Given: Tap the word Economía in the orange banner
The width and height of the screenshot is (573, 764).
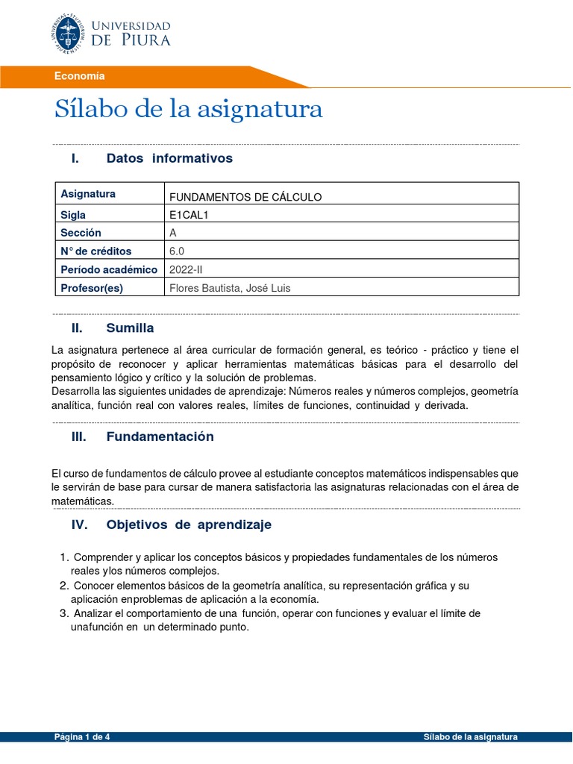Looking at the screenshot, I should coord(79,76).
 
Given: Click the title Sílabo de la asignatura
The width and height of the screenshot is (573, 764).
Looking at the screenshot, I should coord(188,109).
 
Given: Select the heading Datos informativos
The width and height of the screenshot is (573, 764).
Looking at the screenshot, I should coord(169,158).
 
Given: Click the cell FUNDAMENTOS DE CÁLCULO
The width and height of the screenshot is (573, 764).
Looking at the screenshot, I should coord(245,197).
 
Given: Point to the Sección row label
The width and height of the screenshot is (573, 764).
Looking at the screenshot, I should coord(81,233).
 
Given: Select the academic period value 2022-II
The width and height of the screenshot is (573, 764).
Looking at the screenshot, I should coord(187,269).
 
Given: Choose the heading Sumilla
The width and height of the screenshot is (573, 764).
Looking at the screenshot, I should coord(130,328).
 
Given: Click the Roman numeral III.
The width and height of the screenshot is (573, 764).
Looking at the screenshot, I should coord(79,437).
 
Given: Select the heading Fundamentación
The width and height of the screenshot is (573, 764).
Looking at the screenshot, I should coord(160,437).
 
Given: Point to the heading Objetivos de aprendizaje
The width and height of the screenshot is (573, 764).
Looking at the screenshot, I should coord(189,525).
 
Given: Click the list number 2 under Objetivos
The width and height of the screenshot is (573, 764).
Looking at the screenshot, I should coord(63,586).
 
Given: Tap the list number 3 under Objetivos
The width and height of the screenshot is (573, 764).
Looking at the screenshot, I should coord(63,613).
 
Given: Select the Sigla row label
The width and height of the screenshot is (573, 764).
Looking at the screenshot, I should coord(73,215).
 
